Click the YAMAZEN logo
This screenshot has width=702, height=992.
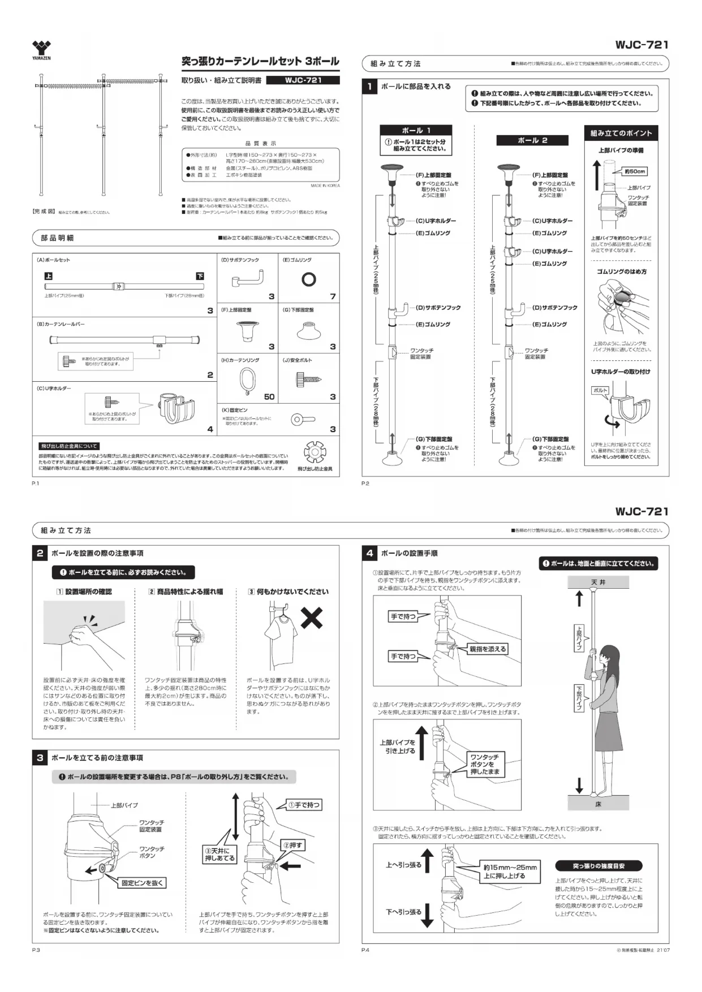(41, 50)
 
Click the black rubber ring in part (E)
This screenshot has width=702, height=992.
(308, 279)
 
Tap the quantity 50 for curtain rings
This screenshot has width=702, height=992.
(269, 396)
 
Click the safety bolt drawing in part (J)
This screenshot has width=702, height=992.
(309, 381)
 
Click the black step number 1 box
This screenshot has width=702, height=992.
(369, 87)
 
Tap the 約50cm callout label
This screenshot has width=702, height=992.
(635, 171)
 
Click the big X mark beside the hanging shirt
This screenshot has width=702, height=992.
(312, 618)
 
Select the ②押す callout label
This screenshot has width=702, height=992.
(293, 845)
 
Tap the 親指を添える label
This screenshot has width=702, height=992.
(487, 649)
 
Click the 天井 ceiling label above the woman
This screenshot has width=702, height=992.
(598, 582)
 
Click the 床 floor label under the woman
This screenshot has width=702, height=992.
(598, 803)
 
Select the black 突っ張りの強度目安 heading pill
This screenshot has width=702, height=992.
(598, 866)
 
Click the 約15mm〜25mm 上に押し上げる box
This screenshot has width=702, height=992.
(510, 872)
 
